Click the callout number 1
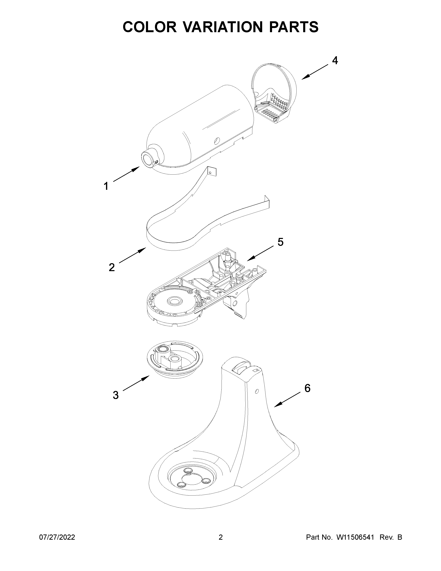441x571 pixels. point(106,186)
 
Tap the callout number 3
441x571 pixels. point(116,395)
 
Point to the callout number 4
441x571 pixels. point(335,61)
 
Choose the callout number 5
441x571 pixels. point(280,242)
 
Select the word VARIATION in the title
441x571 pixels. point(222,27)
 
